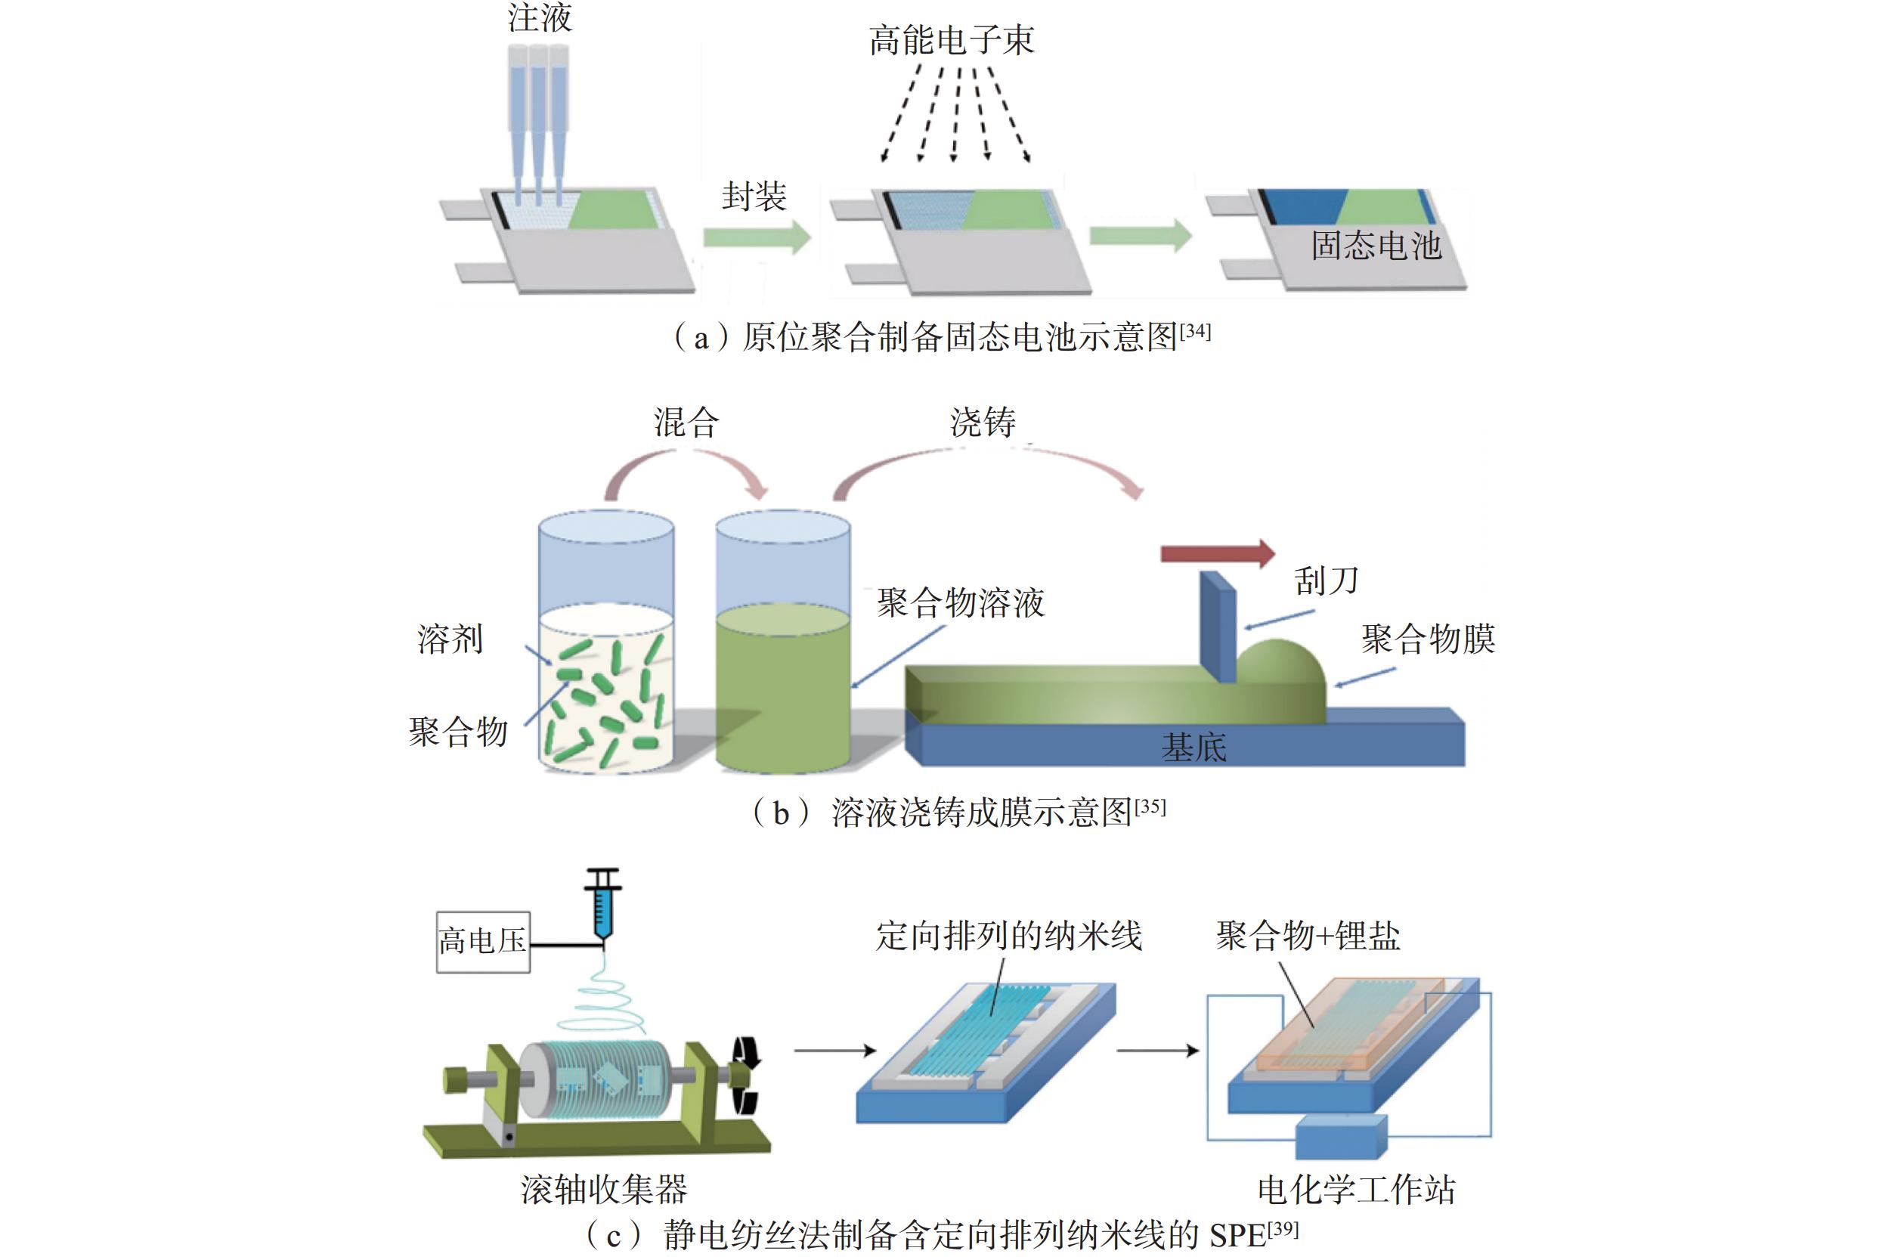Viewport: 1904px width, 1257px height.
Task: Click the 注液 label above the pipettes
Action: (x=540, y=17)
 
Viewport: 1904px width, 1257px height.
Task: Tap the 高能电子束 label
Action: (x=952, y=40)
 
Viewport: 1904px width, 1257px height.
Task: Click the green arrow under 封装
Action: (x=757, y=237)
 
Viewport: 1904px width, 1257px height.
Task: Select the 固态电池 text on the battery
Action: (x=1376, y=246)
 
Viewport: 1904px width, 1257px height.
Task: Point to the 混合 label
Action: (x=686, y=423)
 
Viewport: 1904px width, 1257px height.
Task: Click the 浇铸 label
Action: (x=983, y=423)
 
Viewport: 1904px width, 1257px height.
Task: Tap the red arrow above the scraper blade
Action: (x=1218, y=553)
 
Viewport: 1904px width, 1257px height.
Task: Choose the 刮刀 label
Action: (x=1326, y=581)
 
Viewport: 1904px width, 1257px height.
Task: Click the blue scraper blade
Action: (x=1218, y=626)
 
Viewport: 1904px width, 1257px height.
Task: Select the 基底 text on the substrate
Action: (x=1193, y=747)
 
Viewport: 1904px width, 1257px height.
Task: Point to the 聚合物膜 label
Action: (x=1428, y=639)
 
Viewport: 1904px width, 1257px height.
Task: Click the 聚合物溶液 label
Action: (x=961, y=603)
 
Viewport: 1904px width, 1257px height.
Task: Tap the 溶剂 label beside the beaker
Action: (x=450, y=639)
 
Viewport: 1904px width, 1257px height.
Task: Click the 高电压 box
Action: (x=483, y=942)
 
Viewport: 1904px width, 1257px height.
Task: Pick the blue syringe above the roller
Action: (x=604, y=904)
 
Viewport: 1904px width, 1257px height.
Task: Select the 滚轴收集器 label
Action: (x=604, y=1190)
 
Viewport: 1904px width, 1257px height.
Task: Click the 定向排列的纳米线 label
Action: (x=1008, y=936)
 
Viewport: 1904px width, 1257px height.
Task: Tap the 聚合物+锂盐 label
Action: (x=1308, y=936)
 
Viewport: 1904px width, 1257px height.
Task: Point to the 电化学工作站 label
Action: (x=1357, y=1190)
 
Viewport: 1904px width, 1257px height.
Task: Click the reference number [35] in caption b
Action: (x=1150, y=807)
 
